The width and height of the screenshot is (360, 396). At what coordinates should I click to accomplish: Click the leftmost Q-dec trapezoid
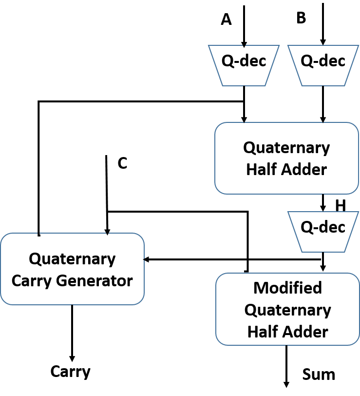point(244,65)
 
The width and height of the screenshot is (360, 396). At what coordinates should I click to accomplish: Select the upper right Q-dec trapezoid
point(323,65)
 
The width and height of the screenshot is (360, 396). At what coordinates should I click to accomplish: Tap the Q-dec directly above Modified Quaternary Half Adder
point(323,232)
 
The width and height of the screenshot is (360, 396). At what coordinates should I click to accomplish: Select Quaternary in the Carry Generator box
point(72,258)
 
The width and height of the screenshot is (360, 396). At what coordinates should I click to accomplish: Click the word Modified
point(287,288)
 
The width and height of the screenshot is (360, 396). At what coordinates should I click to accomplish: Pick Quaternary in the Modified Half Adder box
point(287,310)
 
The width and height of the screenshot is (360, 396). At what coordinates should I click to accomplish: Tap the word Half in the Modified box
point(263,332)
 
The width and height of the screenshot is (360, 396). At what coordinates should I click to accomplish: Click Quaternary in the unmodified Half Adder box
point(286,147)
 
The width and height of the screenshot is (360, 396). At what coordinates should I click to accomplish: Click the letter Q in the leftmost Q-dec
point(227,61)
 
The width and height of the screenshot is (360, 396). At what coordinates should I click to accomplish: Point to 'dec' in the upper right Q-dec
point(331,61)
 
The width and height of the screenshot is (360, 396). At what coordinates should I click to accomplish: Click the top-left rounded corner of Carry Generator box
point(4,237)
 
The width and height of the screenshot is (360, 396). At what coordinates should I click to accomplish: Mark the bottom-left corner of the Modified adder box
point(219,341)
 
